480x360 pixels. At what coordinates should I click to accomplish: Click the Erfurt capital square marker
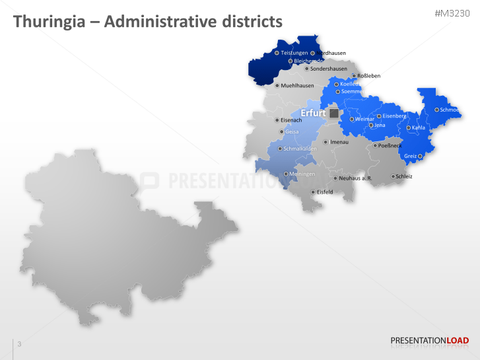[x=334, y=114]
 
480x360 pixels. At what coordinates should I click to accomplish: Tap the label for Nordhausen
[x=332, y=53]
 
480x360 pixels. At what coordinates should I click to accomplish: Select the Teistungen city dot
[x=277, y=53]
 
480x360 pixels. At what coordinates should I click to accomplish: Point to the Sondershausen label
[x=329, y=69]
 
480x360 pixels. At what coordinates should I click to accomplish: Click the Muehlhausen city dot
[x=277, y=85]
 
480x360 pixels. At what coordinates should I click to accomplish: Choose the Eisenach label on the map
[x=291, y=120]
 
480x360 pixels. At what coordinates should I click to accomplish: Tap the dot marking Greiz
[x=420, y=157]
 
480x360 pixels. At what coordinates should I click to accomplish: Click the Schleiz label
[x=404, y=176]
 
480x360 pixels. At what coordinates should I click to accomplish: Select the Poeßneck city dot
[x=375, y=145]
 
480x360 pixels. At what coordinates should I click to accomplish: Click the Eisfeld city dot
[x=313, y=192]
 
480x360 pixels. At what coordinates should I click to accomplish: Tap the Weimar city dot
[x=352, y=119]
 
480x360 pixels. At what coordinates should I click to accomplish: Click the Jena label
[x=380, y=125]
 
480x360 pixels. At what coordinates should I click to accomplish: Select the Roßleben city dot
[x=353, y=76]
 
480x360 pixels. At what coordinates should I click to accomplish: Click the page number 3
[x=19, y=344]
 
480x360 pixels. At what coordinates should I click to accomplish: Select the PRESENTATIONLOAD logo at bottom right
[x=429, y=341]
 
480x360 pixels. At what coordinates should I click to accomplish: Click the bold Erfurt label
[x=313, y=114]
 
